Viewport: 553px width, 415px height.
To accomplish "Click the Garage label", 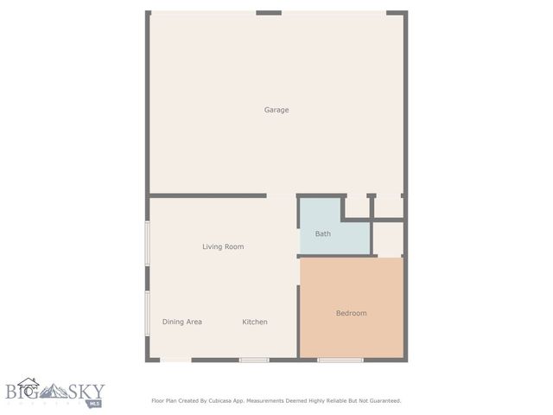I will pos(276,110).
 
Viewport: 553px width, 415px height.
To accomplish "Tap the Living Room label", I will pos(223,246).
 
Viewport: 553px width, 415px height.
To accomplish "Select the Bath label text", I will pos(322,233).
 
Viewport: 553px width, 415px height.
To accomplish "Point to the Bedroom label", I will pos(351,313).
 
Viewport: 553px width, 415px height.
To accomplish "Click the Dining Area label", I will pos(182,322).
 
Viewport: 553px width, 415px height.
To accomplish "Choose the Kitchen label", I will pos(254,322).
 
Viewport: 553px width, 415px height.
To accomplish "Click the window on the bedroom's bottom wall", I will pos(340,360).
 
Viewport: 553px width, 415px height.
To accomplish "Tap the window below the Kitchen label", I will pos(254,360).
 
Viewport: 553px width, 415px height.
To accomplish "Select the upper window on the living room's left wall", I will pos(148,244).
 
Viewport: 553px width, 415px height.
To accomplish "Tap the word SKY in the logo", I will pos(86,391).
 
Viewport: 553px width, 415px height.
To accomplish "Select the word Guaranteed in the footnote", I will pos(382,400).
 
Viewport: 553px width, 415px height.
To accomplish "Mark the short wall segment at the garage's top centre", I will pos(269,13).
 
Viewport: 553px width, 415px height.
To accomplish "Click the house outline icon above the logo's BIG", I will pos(29,381).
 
